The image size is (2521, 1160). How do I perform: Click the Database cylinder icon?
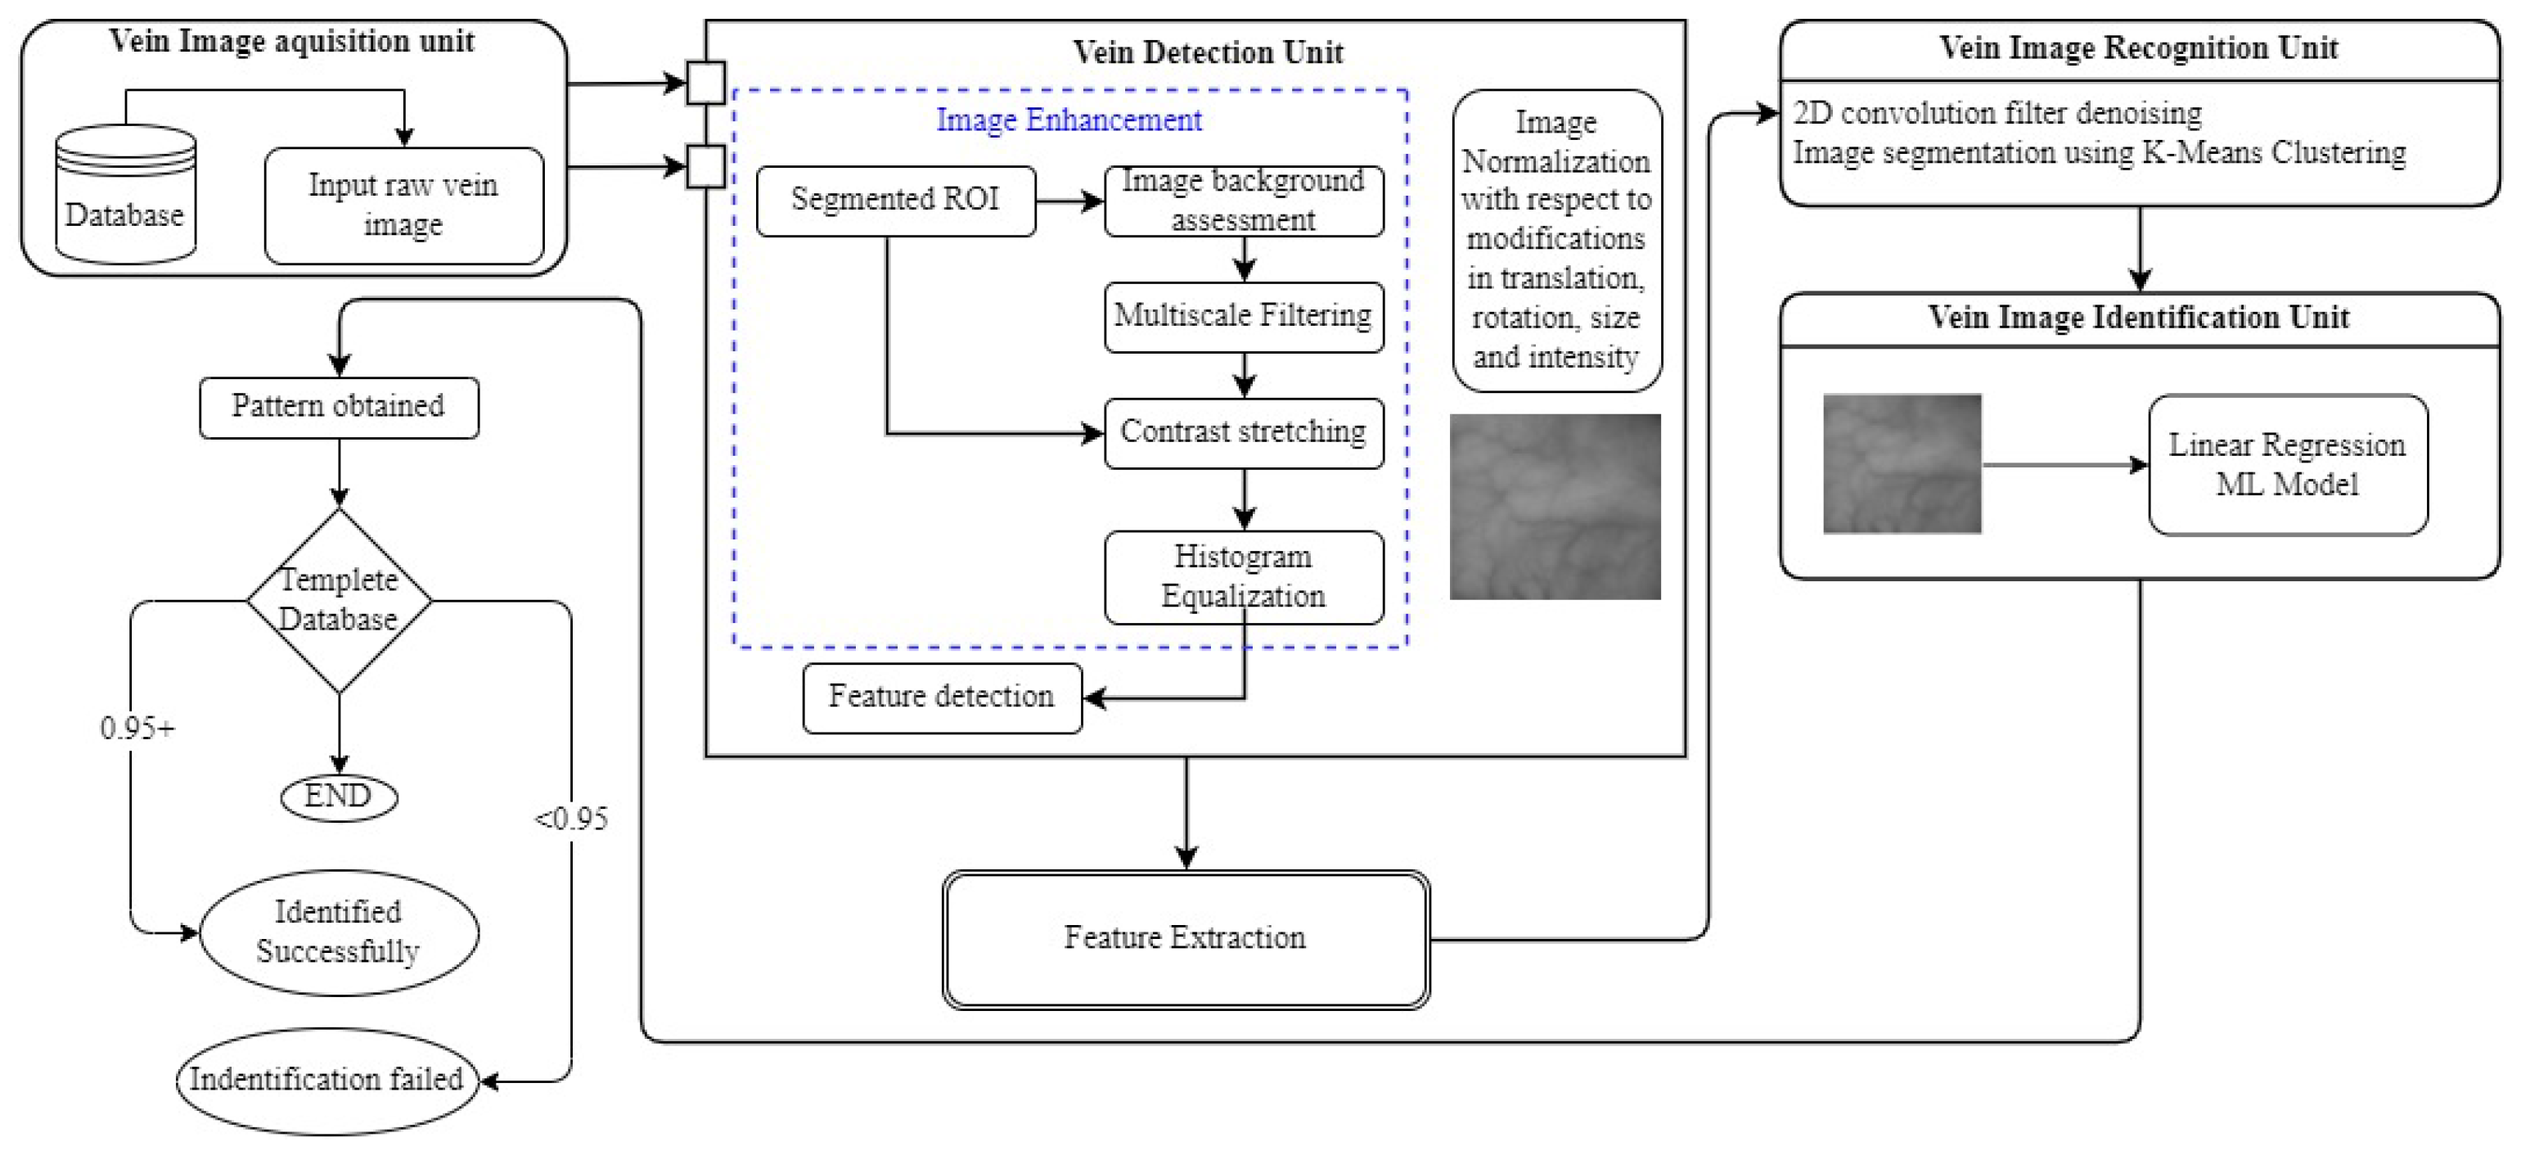pos(125,194)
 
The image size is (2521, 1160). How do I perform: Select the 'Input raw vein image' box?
pos(403,205)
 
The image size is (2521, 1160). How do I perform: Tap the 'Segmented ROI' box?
pos(895,201)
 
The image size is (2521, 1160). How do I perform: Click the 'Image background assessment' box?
pos(1244,201)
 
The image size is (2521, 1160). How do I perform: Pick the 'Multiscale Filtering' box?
pos(1244,317)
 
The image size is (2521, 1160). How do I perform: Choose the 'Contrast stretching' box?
pos(1244,433)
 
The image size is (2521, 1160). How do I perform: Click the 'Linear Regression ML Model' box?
pos(2288,465)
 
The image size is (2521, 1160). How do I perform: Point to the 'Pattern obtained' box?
pos(339,407)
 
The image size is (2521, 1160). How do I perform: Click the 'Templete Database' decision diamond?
pos(339,601)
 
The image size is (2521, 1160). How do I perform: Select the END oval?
pos(339,797)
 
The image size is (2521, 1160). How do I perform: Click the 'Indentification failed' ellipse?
pos(326,1081)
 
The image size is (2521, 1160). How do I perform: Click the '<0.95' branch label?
pos(571,819)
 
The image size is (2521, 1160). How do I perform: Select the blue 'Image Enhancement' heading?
pos(1069,120)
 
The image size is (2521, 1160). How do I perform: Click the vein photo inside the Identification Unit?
pos(1902,464)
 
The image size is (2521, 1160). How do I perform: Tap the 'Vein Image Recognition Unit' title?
pos(2140,48)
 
